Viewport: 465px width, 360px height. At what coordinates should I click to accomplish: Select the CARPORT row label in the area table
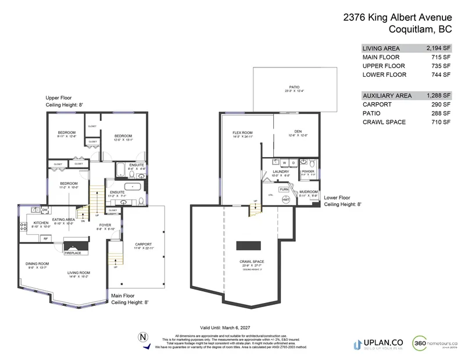tap(378, 104)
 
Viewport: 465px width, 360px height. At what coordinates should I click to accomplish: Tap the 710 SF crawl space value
tap(441, 122)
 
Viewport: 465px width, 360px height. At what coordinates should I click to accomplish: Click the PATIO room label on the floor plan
tap(294, 87)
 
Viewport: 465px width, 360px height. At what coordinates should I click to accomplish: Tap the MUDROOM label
tap(309, 192)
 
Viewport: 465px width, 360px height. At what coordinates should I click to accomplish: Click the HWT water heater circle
tap(286, 199)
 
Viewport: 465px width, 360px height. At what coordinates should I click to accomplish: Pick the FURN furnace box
tap(284, 190)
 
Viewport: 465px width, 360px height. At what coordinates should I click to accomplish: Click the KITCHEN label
tap(40, 223)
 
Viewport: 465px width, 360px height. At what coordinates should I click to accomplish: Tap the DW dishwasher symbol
tap(45, 209)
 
